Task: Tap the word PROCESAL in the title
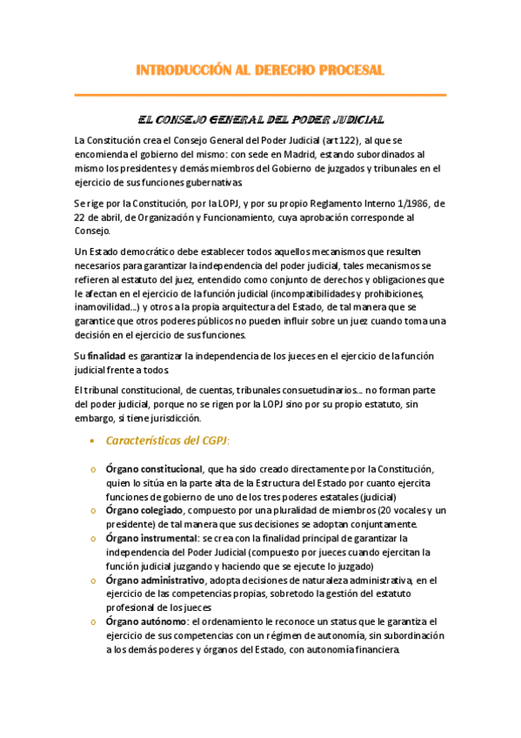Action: pos(350,70)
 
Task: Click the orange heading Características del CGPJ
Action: pos(168,440)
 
